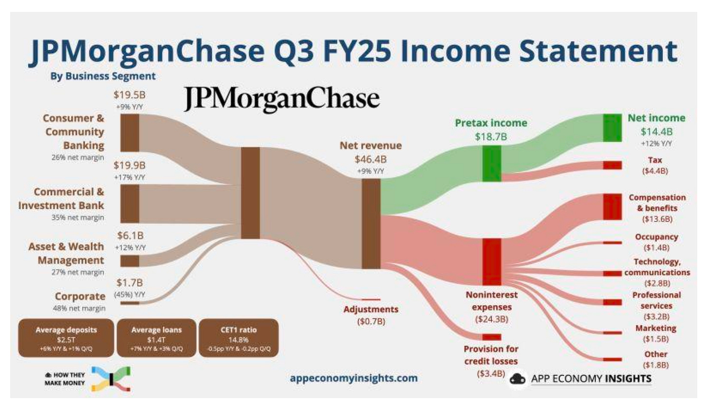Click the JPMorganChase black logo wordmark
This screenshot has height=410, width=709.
281,99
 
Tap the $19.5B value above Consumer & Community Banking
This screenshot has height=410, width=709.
129,95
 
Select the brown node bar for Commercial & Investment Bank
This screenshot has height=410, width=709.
130,204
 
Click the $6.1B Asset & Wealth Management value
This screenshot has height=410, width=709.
130,236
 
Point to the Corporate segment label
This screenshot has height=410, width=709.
80,296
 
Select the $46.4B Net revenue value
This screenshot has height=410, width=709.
371,159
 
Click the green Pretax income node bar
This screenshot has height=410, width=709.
491,163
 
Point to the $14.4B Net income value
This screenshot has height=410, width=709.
656,132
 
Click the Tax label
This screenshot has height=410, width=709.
655,160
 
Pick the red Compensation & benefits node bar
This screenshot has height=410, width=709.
612,206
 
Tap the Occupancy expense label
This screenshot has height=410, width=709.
656,237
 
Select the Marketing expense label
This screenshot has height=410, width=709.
655,328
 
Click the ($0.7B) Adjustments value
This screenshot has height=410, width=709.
371,321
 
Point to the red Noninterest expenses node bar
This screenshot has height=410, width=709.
491,262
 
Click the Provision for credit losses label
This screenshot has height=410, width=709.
491,355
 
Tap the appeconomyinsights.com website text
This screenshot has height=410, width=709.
354,378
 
